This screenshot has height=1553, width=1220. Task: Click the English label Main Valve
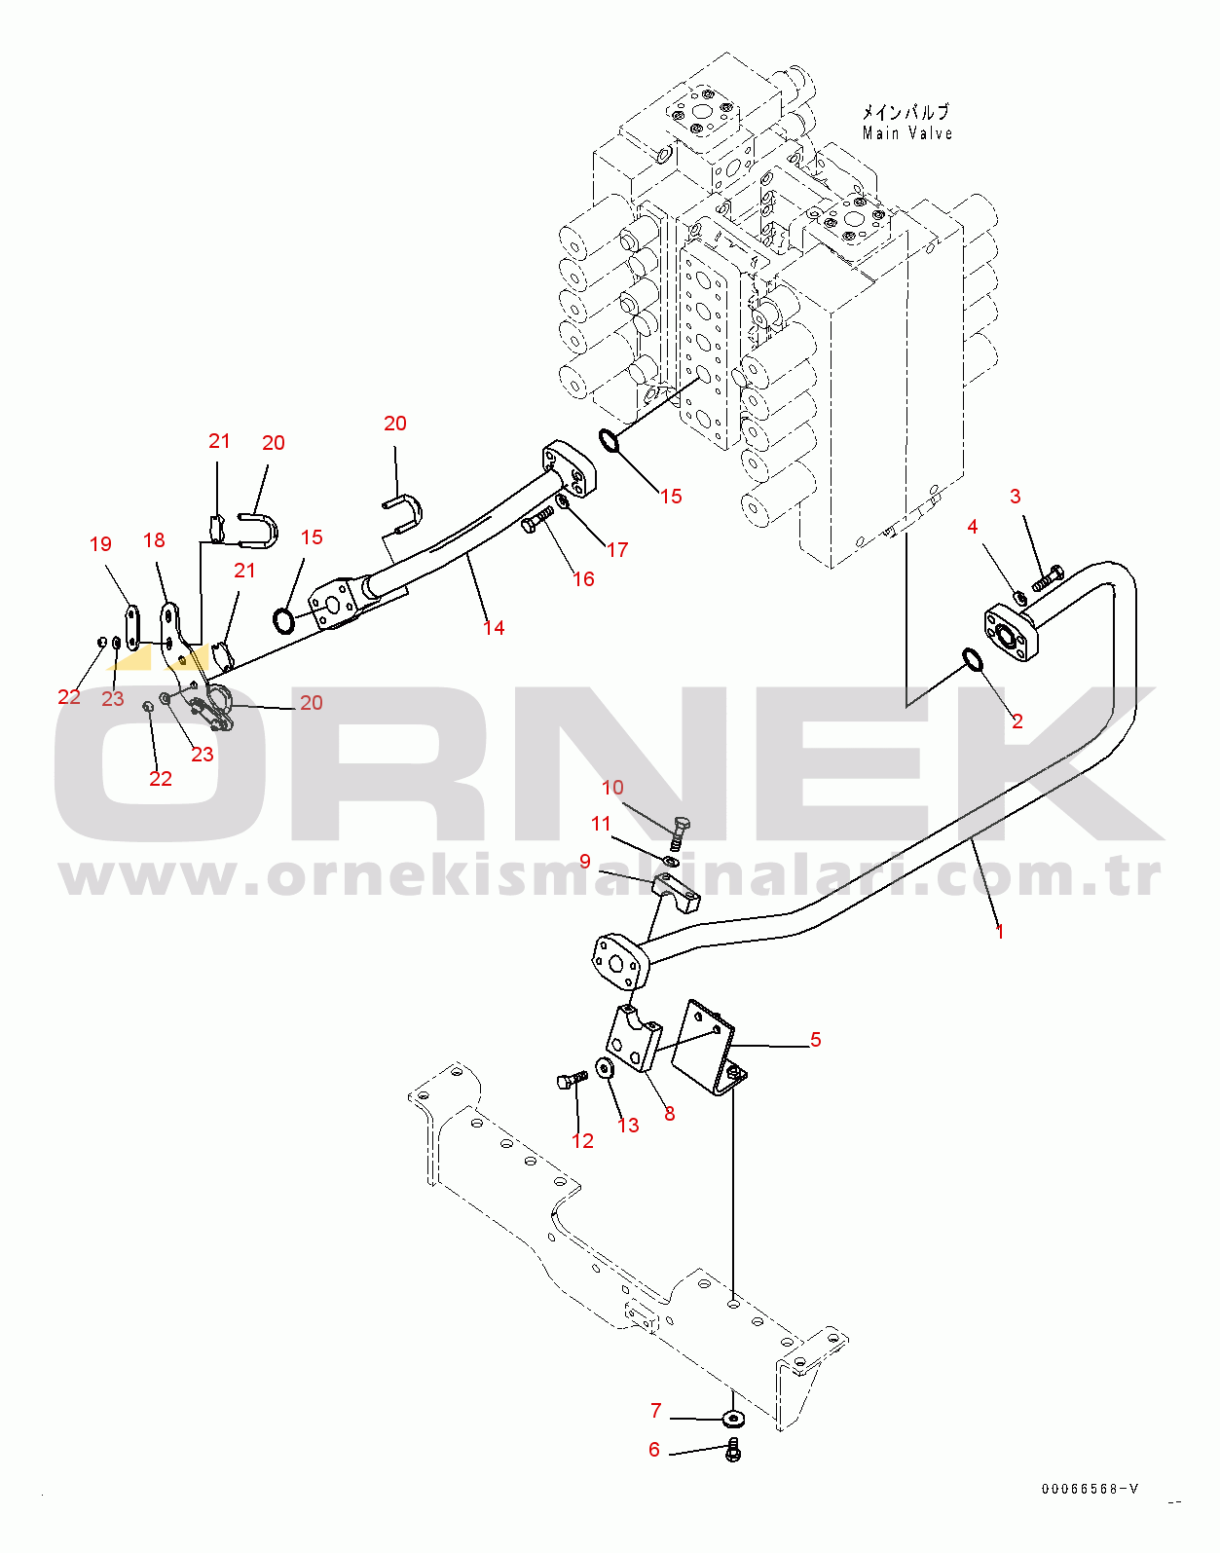906,133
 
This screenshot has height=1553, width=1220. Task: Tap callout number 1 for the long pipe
1000,931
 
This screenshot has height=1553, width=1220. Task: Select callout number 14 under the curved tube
494,628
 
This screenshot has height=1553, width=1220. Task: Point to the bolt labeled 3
1047,577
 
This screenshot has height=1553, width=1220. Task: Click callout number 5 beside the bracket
816,1040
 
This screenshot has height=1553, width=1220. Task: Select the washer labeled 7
732,1417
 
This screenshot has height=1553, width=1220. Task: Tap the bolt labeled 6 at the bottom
734,1452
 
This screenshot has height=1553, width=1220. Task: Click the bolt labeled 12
572,1079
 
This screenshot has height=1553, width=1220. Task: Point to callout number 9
585,861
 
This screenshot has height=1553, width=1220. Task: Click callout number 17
617,550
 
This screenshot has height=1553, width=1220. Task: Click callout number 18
154,540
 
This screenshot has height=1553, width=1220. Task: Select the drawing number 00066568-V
1090,1489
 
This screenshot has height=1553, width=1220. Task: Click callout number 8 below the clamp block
670,1114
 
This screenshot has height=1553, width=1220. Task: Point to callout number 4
972,527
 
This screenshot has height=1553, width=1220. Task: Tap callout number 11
601,824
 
